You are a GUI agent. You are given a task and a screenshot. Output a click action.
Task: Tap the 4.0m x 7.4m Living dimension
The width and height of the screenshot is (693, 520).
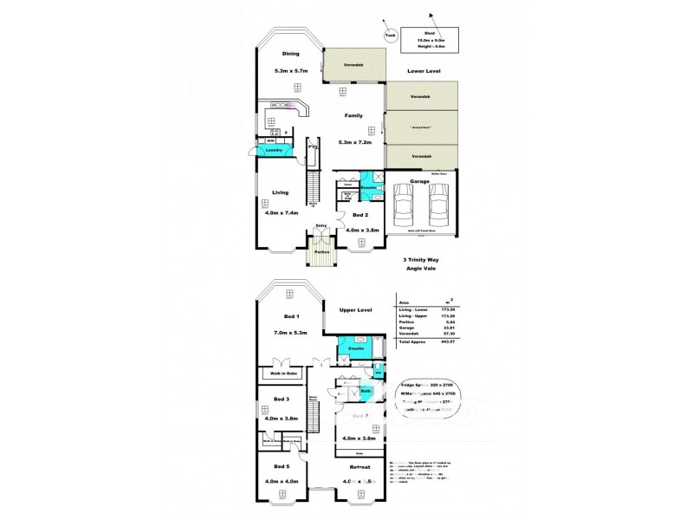click(x=279, y=213)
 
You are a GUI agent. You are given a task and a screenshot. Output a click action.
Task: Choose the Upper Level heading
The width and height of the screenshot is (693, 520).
click(x=353, y=309)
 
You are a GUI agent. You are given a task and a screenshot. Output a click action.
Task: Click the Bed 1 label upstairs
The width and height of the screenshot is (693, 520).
click(x=280, y=317)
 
